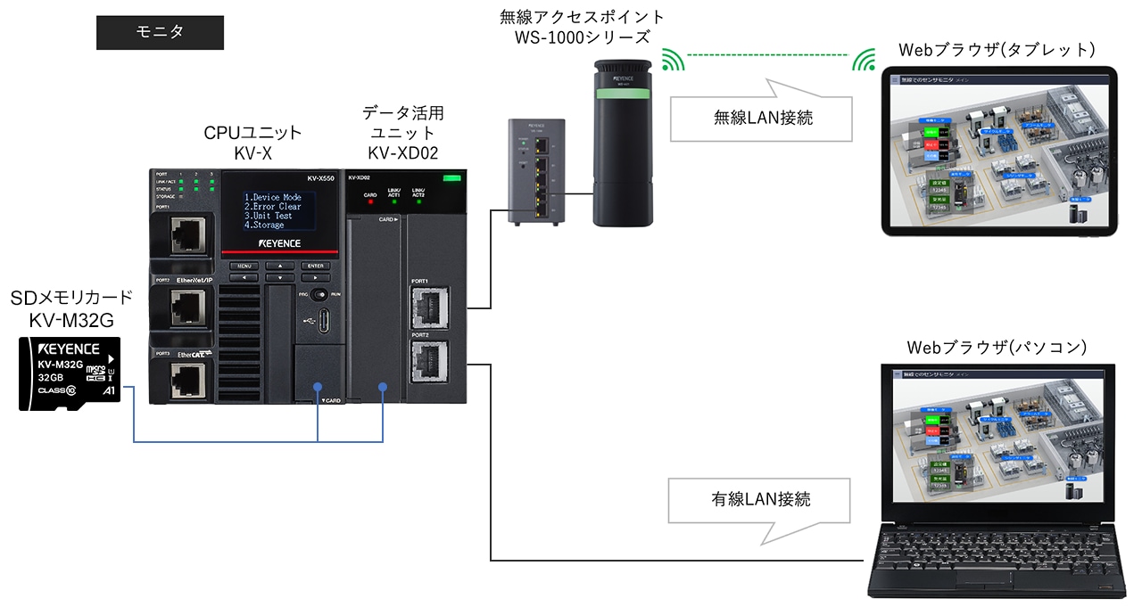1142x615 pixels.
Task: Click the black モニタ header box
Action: [x=160, y=32]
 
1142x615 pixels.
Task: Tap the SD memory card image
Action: [x=70, y=373]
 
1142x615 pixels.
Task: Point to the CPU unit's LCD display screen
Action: [x=279, y=211]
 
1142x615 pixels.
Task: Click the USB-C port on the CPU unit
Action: [x=317, y=320]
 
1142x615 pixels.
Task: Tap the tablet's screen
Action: [x=997, y=152]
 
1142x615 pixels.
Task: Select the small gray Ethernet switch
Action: [x=536, y=171]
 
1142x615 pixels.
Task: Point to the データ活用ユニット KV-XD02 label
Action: [x=402, y=132]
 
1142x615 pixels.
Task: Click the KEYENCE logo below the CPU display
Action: [x=279, y=242]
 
